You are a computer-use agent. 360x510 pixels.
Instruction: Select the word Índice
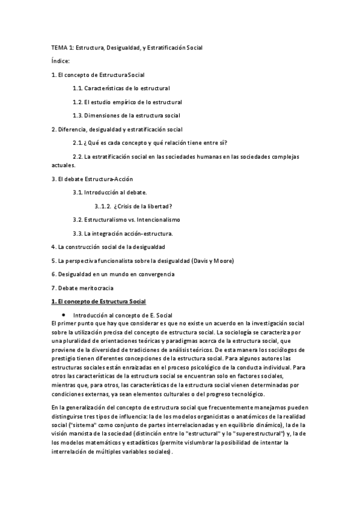pyautogui.click(x=61, y=61)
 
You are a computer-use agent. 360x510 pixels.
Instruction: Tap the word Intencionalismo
pyautogui.click(x=161, y=220)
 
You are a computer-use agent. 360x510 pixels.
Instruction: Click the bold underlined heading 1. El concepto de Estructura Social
pyautogui.click(x=99, y=301)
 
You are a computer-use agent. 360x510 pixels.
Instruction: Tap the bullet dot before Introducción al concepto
pyautogui.click(x=63, y=315)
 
